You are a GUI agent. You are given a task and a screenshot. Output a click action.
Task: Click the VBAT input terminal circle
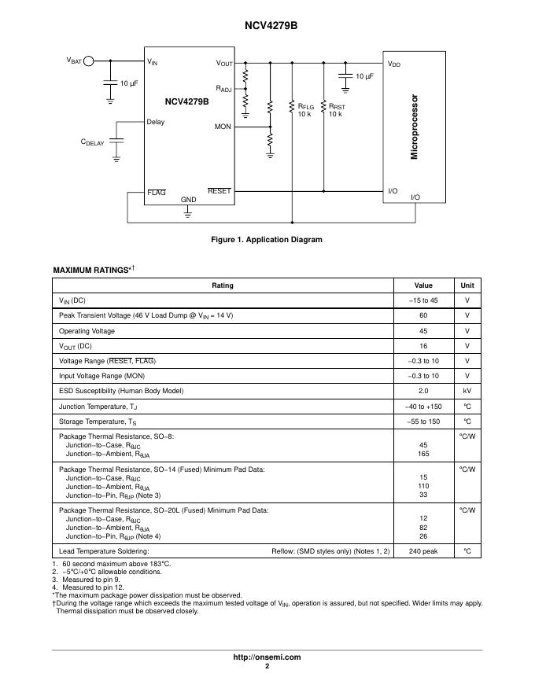(90, 61)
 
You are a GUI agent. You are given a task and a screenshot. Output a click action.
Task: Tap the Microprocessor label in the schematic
(414, 128)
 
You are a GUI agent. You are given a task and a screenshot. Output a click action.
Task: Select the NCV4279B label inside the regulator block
(186, 101)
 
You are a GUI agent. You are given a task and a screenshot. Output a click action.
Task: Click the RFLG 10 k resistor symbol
(292, 107)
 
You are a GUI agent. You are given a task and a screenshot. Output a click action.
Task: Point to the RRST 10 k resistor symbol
(323, 107)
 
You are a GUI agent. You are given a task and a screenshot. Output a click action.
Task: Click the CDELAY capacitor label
(92, 142)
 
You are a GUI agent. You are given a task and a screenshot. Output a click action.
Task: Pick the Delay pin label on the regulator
(156, 122)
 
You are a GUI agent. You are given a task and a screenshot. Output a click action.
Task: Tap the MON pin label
(223, 126)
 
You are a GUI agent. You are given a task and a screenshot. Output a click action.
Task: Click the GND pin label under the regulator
(189, 200)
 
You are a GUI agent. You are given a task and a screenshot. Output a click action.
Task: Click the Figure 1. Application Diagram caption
(267, 240)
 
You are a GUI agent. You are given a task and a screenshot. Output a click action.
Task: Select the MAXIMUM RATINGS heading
(93, 271)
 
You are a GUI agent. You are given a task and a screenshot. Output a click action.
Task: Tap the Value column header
(423, 285)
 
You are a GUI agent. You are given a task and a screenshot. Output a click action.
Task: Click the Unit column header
(467, 285)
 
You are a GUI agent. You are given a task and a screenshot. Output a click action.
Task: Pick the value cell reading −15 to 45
(423, 300)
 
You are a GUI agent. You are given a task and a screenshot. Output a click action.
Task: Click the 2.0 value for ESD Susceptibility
(423, 391)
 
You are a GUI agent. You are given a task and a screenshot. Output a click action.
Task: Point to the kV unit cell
(467, 391)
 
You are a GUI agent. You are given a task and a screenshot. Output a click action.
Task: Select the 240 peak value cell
(423, 551)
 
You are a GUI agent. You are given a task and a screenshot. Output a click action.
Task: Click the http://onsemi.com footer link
(267, 657)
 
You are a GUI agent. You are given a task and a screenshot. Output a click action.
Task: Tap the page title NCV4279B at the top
(267, 26)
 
